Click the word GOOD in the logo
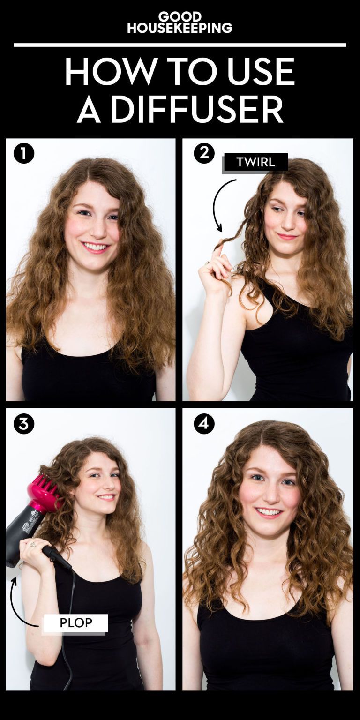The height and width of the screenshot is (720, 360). click(x=180, y=16)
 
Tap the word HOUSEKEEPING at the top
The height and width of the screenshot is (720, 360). click(x=180, y=28)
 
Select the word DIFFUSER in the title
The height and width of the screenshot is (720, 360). click(x=197, y=109)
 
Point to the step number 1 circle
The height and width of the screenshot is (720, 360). click(x=24, y=154)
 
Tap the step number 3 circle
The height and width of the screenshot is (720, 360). click(x=24, y=424)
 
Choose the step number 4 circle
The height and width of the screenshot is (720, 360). click(x=204, y=424)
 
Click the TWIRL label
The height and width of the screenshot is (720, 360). click(x=255, y=162)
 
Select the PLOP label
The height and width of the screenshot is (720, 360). click(x=76, y=623)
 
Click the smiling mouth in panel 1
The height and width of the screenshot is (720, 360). click(x=95, y=247)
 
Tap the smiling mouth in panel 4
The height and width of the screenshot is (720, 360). click(x=269, y=512)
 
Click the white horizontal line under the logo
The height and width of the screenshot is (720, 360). click(x=180, y=45)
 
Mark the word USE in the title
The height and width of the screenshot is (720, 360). click(x=261, y=71)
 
